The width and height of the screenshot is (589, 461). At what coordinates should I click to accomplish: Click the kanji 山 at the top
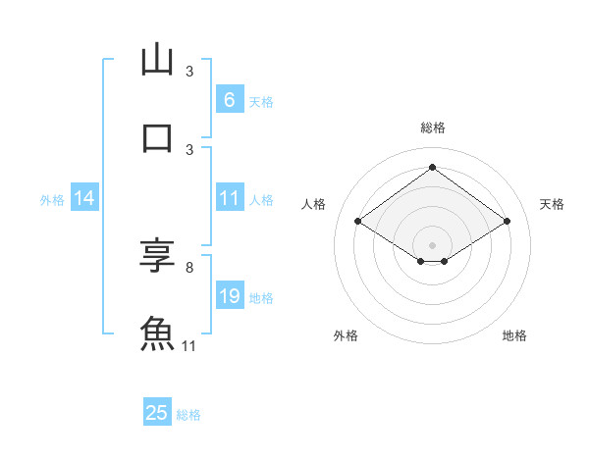pos(157,61)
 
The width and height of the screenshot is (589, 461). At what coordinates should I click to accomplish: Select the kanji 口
pos(157,137)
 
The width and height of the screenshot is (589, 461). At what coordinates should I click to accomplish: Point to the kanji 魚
pos(157,333)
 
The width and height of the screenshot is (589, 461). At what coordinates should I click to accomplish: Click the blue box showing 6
pos(229,100)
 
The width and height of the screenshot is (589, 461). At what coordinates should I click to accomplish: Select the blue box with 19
pos(229,296)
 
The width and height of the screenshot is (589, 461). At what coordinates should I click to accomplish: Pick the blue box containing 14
pos(84,199)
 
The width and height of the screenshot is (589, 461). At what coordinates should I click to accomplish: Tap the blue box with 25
pos(157,413)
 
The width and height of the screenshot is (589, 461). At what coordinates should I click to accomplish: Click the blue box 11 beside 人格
pos(229,199)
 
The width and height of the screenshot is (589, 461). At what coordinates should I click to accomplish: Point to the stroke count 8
pos(188,267)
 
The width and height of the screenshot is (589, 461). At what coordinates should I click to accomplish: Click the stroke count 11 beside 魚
pos(188,346)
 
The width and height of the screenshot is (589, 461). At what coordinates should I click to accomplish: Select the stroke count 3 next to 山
pos(189,72)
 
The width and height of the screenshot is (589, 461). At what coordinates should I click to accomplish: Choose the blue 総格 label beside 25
pos(188,415)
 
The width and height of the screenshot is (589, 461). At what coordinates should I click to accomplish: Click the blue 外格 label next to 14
pos(52,200)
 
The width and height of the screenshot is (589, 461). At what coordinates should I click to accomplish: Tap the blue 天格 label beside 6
pos(260,102)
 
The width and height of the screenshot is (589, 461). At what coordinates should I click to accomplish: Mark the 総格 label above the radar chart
pos(432,128)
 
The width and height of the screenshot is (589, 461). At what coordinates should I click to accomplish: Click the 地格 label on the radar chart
pos(514,335)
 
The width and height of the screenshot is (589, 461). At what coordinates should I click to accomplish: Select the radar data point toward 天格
pos(507,222)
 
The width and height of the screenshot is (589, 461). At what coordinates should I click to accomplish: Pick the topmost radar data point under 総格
pos(432,168)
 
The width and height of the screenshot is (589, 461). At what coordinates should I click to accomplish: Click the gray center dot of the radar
pos(432,244)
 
